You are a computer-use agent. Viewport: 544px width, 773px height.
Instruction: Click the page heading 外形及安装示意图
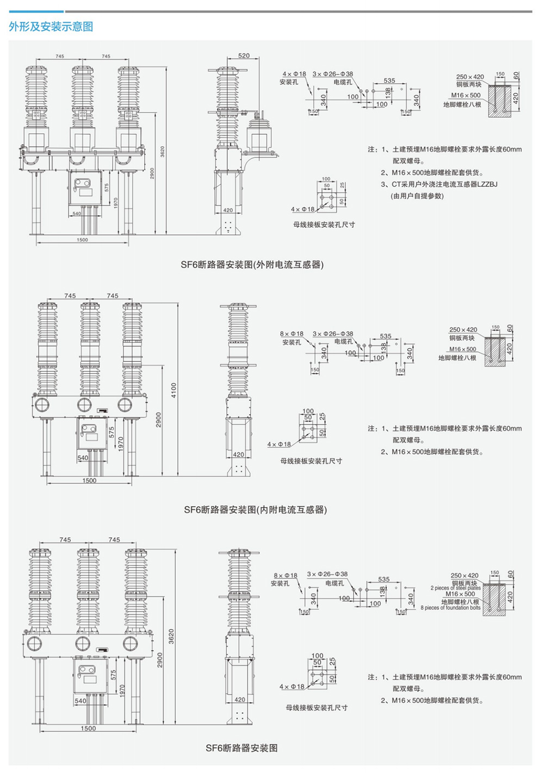[x=51, y=27]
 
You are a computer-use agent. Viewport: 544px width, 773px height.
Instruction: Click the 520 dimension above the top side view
[x=244, y=55]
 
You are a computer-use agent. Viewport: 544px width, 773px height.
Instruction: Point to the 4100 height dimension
[x=174, y=390]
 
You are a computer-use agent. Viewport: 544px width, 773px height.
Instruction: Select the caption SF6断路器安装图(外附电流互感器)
[x=252, y=265]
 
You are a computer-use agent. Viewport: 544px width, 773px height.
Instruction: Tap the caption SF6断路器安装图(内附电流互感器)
[x=255, y=510]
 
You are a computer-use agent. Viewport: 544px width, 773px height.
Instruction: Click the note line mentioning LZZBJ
[x=439, y=184]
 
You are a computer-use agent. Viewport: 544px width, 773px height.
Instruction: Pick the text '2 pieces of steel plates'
[x=456, y=588]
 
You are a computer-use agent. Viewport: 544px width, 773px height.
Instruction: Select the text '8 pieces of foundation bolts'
[x=450, y=608]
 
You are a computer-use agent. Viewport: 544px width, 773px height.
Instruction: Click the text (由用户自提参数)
[x=418, y=196]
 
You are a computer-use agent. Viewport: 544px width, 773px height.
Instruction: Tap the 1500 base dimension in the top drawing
[x=82, y=240]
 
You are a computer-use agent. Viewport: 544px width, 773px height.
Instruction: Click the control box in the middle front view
[x=89, y=433]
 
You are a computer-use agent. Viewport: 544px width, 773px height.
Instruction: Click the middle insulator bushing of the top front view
[x=82, y=98]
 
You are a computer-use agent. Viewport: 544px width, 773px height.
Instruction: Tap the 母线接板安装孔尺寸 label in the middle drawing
[x=311, y=461]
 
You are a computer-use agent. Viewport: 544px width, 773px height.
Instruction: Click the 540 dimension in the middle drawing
[x=83, y=458]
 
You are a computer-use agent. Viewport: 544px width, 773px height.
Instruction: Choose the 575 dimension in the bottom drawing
[x=114, y=675]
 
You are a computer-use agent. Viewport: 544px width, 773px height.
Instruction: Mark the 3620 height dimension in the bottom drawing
[x=171, y=636]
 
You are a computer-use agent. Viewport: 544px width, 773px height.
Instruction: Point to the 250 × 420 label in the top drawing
[x=470, y=77]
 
